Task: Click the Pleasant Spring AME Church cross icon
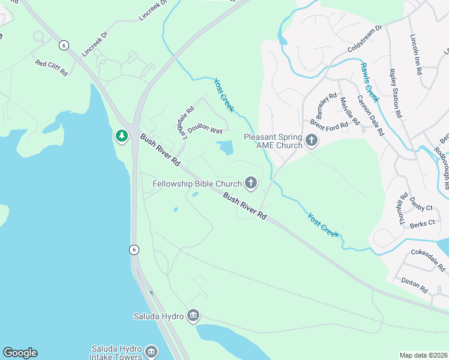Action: click(x=311, y=140)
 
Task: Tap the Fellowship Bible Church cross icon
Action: click(x=250, y=183)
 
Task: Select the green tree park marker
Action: click(x=122, y=136)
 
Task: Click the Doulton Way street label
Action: click(x=205, y=130)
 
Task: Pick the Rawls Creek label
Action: click(x=369, y=81)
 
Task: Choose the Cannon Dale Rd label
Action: click(x=370, y=115)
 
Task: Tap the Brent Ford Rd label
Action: click(x=329, y=125)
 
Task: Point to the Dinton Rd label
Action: click(x=414, y=285)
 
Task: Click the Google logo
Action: click(x=20, y=353)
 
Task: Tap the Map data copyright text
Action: click(x=423, y=355)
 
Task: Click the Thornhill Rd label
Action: click(x=403, y=209)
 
